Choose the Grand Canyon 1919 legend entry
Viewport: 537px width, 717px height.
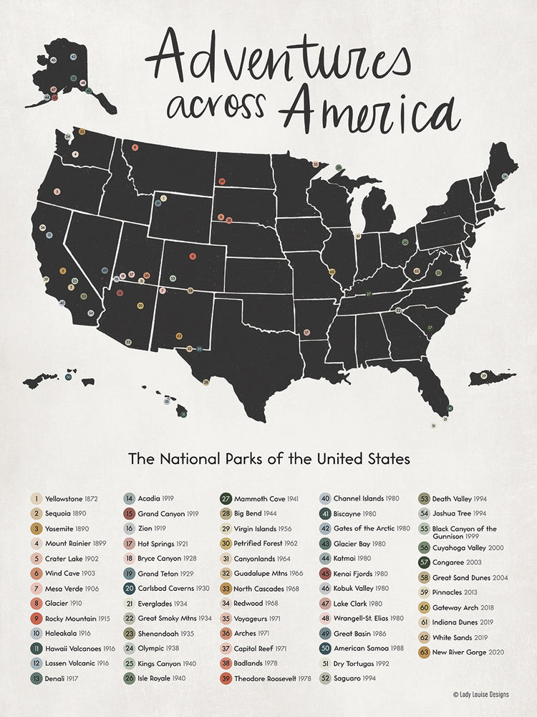click(160, 513)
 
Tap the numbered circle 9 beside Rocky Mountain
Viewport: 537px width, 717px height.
click(35, 618)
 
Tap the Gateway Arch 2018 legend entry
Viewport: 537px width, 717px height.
click(459, 607)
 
